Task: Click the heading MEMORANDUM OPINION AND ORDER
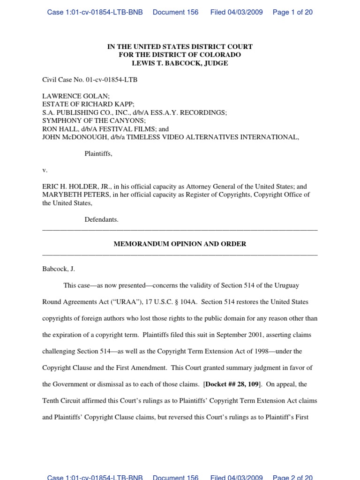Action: pyautogui.click(x=180, y=244)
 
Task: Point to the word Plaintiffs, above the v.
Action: pyautogui.click(x=98, y=154)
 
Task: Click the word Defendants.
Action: pyautogui.click(x=101, y=219)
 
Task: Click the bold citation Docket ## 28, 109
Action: pyautogui.click(x=232, y=384)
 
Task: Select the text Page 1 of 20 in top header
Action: pyautogui.click(x=292, y=12)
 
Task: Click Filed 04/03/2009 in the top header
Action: pyautogui.click(x=236, y=12)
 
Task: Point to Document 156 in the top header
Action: pyautogui.click(x=175, y=12)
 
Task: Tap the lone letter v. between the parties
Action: pyautogui.click(x=45, y=170)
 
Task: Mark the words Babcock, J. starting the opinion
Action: pyautogui.click(x=59, y=269)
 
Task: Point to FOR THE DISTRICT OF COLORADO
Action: pyautogui.click(x=180, y=55)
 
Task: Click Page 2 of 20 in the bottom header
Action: pyautogui.click(x=292, y=477)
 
